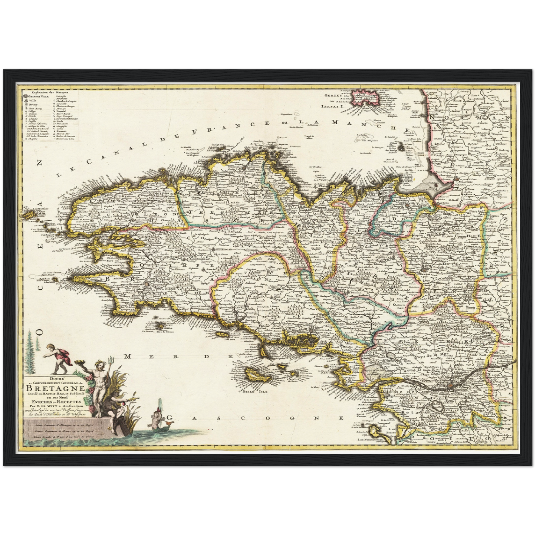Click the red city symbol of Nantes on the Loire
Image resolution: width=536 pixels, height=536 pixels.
pyautogui.click(x=450, y=386)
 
